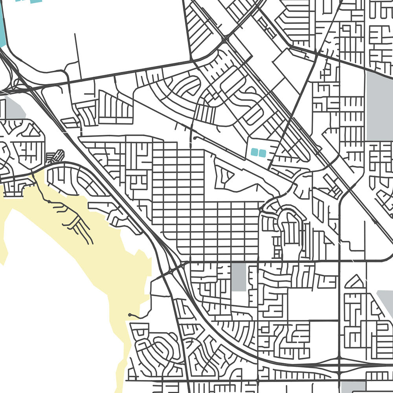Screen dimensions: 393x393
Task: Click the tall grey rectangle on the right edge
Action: [379, 106]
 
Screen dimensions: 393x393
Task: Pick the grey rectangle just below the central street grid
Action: [239, 277]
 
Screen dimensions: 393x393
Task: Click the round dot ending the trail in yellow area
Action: [130, 315]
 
